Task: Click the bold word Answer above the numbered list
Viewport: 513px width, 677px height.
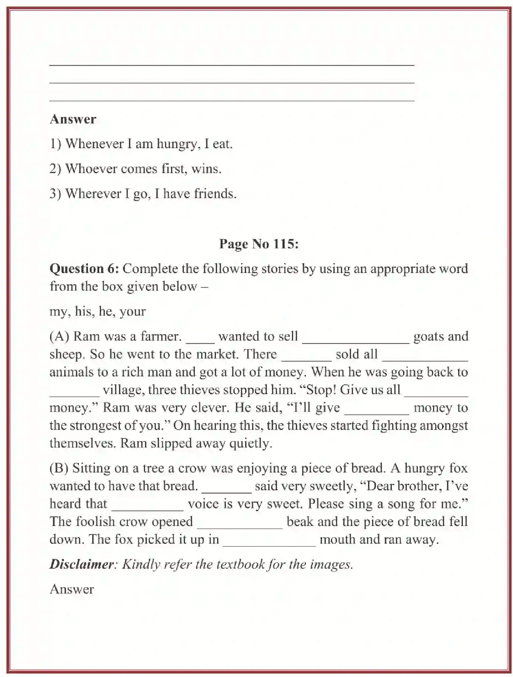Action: [x=73, y=119]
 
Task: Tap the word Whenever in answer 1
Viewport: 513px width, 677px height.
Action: [x=94, y=144]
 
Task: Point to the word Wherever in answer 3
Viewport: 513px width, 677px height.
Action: [x=93, y=194]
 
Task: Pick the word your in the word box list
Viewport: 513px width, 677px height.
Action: [x=132, y=311]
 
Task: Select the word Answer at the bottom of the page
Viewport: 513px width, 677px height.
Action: [x=72, y=589]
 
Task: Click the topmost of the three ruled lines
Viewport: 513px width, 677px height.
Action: [x=232, y=65]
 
